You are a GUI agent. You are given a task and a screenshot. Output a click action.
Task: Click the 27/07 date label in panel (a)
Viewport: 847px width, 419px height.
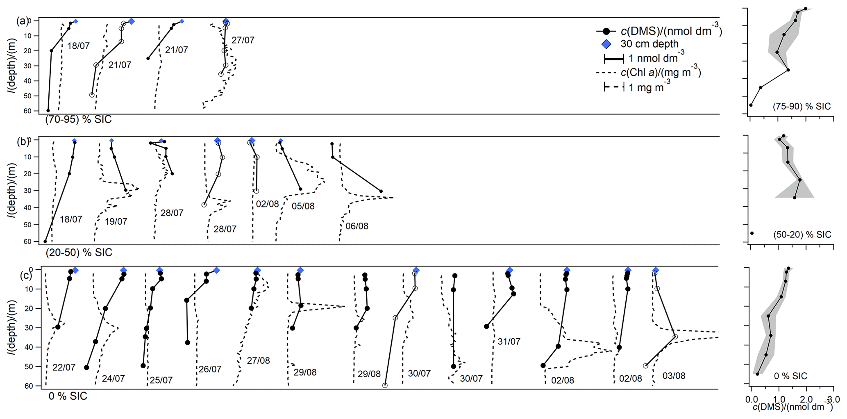(243, 40)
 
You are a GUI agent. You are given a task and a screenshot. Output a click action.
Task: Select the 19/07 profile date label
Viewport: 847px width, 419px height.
(116, 222)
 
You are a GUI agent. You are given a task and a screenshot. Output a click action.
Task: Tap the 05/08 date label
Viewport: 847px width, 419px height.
(303, 206)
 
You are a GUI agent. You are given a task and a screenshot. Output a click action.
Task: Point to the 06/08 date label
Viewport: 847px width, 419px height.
(357, 226)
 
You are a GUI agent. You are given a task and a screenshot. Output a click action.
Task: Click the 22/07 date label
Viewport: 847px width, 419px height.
(64, 367)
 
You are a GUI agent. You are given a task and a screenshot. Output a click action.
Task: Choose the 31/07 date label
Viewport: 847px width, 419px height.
(509, 342)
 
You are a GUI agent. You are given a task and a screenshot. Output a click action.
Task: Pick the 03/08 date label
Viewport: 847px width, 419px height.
(674, 376)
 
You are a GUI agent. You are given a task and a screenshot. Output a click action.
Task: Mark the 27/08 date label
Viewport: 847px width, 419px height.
(258, 361)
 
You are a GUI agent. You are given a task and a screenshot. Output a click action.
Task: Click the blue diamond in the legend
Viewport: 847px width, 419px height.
(606, 44)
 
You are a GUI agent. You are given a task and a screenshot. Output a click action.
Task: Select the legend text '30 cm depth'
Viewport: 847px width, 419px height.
(649, 44)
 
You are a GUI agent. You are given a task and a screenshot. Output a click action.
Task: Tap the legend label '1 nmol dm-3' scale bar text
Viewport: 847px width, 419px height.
(656, 58)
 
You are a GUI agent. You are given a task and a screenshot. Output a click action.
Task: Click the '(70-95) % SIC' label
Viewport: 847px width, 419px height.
(78, 120)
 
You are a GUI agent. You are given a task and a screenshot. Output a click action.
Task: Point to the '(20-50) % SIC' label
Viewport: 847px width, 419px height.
(79, 253)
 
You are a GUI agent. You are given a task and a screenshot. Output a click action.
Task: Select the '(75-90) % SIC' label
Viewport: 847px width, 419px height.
(802, 107)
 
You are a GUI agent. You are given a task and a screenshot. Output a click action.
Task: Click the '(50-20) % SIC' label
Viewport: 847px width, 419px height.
(802, 235)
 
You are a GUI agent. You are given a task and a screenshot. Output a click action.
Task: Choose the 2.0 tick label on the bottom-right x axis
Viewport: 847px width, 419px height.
(806, 400)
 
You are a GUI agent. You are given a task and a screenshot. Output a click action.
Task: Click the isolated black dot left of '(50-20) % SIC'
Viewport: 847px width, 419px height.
(752, 233)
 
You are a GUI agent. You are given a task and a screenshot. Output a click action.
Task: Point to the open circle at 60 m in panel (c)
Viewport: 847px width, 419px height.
(385, 385)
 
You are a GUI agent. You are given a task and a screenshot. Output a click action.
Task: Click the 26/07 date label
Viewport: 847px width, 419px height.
(210, 369)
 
